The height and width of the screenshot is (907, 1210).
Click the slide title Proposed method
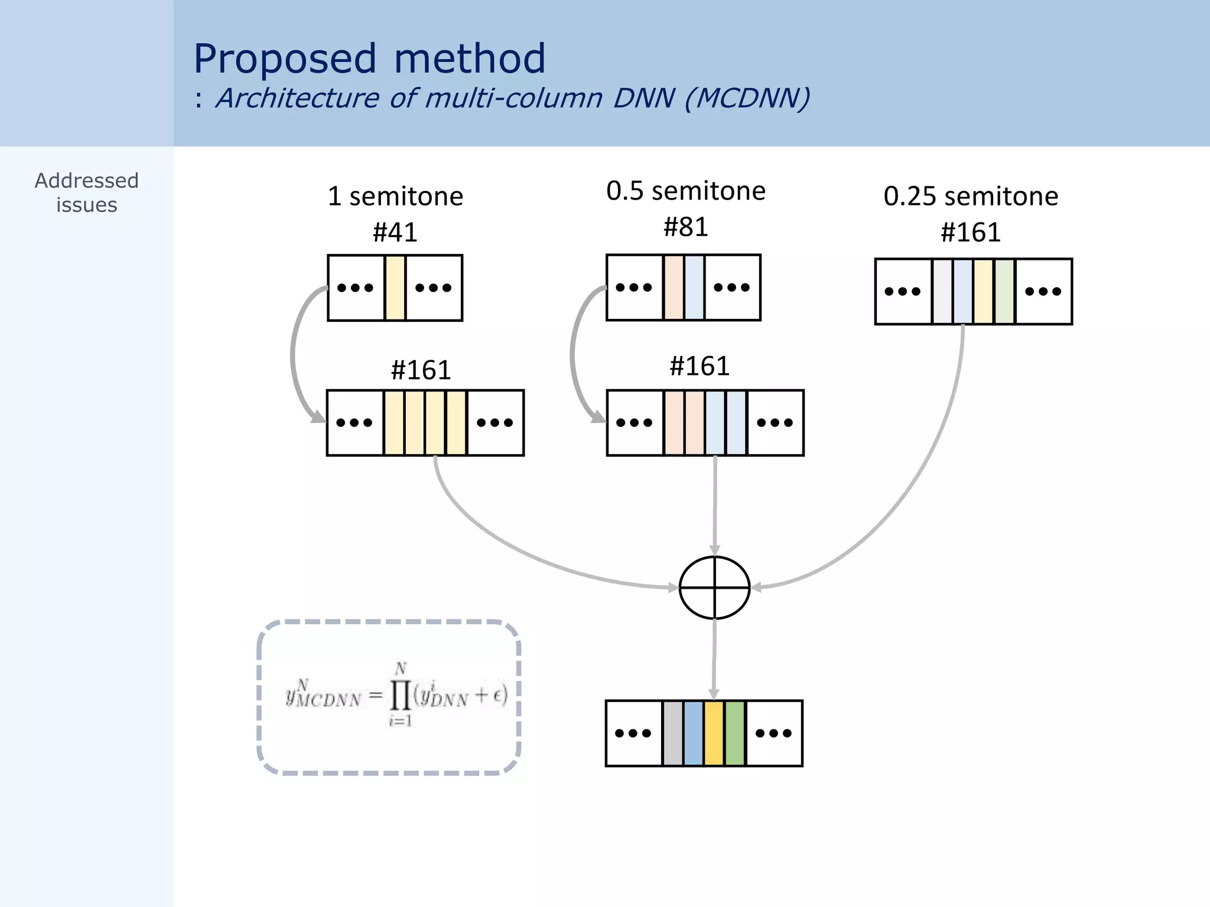coord(369,59)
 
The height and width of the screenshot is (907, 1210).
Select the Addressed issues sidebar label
coord(87,193)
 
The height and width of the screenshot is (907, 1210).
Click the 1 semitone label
coord(395,196)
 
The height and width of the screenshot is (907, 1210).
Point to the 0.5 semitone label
coord(685,191)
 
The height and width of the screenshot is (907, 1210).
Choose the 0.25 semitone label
coord(971,196)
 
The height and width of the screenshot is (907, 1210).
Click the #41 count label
coord(395,232)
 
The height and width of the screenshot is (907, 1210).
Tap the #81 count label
coord(685,227)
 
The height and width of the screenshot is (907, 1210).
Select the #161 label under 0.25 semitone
coord(971,232)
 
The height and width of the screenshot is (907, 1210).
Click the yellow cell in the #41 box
coord(395,288)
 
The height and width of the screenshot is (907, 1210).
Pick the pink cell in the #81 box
coord(674,288)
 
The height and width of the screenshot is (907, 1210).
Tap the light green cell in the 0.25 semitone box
coord(1004,291)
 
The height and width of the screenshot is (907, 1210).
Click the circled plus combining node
coord(714,588)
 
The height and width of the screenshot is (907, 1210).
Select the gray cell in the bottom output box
coord(673,733)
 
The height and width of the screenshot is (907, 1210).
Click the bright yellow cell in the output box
coord(714,733)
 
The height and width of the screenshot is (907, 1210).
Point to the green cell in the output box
coord(734,733)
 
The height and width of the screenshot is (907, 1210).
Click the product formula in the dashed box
coord(396,696)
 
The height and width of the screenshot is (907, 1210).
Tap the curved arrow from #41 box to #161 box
coord(294,354)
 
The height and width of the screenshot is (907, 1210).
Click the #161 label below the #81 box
coord(700,366)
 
